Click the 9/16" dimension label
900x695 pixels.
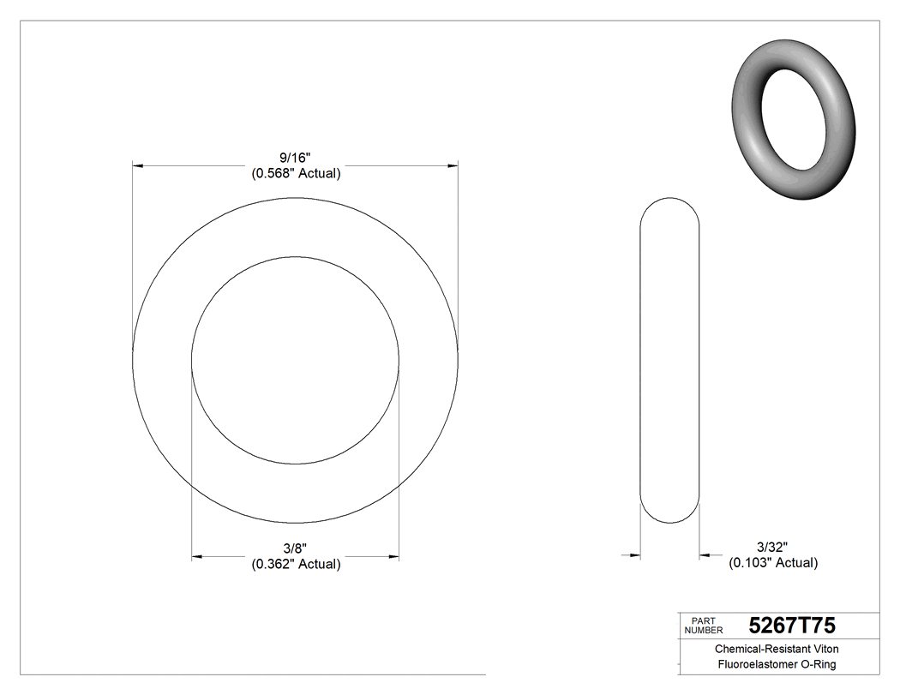point(295,158)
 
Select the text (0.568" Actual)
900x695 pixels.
point(296,173)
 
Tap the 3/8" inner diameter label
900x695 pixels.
point(295,548)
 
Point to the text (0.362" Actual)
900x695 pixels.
point(296,564)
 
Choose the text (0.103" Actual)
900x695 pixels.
point(773,563)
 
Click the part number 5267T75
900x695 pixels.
point(792,625)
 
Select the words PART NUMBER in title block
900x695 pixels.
point(705,625)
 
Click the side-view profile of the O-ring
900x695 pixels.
point(670,360)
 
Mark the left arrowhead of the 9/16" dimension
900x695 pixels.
point(138,165)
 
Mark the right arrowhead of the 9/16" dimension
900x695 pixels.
point(452,165)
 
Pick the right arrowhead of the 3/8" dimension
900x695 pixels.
point(393,557)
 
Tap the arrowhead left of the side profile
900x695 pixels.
point(635,555)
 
